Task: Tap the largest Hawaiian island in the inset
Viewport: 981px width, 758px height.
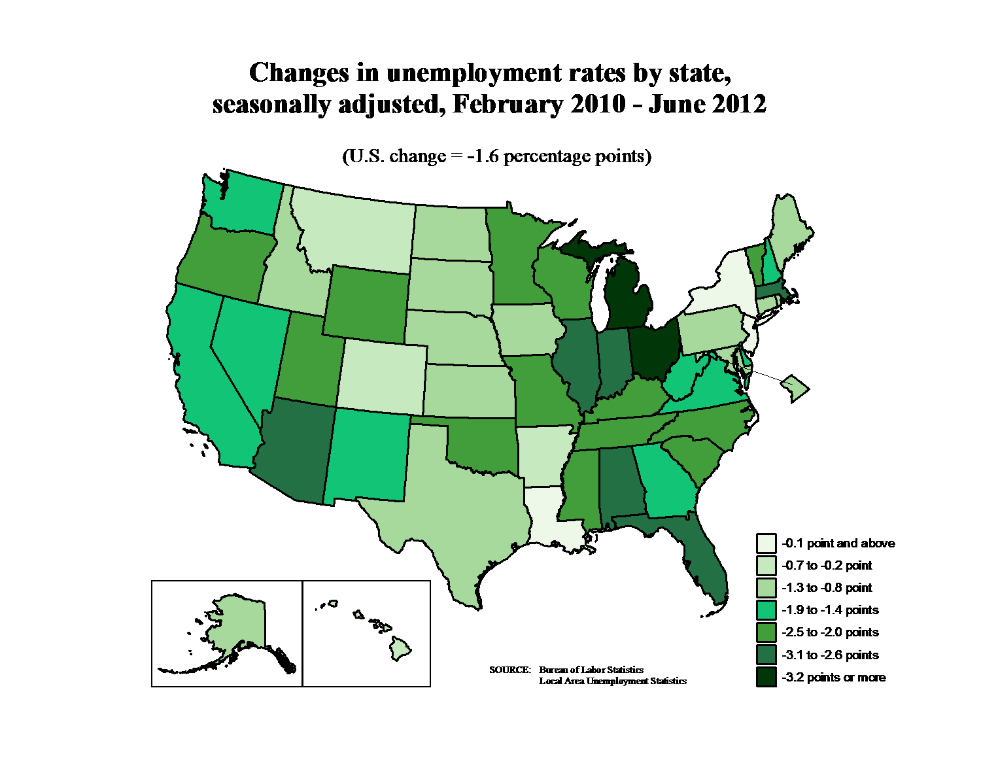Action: pyautogui.click(x=401, y=649)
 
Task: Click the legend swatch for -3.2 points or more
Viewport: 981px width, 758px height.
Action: pyautogui.click(x=766, y=677)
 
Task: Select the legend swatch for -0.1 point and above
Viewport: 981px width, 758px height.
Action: pyautogui.click(x=766, y=543)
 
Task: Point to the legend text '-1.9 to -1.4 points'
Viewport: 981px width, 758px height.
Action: pyautogui.click(x=830, y=610)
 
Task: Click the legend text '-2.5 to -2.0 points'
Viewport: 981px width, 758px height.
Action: pyautogui.click(x=830, y=632)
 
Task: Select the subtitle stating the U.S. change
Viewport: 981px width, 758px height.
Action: pyautogui.click(x=497, y=156)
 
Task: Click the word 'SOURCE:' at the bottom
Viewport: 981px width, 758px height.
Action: pyautogui.click(x=509, y=670)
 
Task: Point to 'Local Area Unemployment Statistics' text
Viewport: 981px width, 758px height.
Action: pyautogui.click(x=612, y=681)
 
